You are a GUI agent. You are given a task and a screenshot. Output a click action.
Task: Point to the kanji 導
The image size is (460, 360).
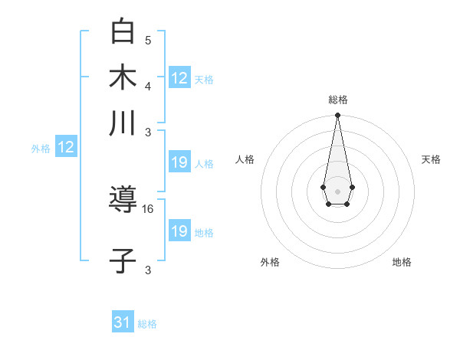click(123, 201)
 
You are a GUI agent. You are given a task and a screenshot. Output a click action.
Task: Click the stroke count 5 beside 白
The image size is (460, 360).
click(148, 40)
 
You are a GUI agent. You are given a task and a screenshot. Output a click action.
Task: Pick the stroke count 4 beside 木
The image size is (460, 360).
click(148, 85)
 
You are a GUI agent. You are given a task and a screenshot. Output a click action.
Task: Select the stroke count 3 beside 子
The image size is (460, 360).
click(148, 270)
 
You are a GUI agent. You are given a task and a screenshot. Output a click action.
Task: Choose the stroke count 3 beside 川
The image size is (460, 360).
click(148, 132)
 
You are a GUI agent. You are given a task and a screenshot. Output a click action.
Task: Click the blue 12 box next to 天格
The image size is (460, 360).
click(179, 77)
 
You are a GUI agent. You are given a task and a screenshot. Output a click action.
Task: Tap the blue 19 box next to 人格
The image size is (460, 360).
click(179, 162)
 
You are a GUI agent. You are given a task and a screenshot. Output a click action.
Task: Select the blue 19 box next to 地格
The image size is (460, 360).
click(179, 231)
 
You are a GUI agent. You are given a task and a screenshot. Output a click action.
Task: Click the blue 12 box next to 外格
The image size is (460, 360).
click(66, 147)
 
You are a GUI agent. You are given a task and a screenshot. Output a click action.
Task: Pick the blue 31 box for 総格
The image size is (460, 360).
click(123, 322)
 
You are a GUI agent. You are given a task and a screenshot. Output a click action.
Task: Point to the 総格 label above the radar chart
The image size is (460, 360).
click(337, 100)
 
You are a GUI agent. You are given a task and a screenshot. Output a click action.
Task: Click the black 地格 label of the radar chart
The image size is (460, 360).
click(402, 262)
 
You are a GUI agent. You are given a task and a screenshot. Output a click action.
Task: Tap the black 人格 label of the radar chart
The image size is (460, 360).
click(245, 159)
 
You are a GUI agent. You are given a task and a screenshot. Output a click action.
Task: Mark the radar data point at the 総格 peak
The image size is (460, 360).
click(337, 116)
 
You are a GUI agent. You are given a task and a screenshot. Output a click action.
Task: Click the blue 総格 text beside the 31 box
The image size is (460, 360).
click(147, 324)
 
